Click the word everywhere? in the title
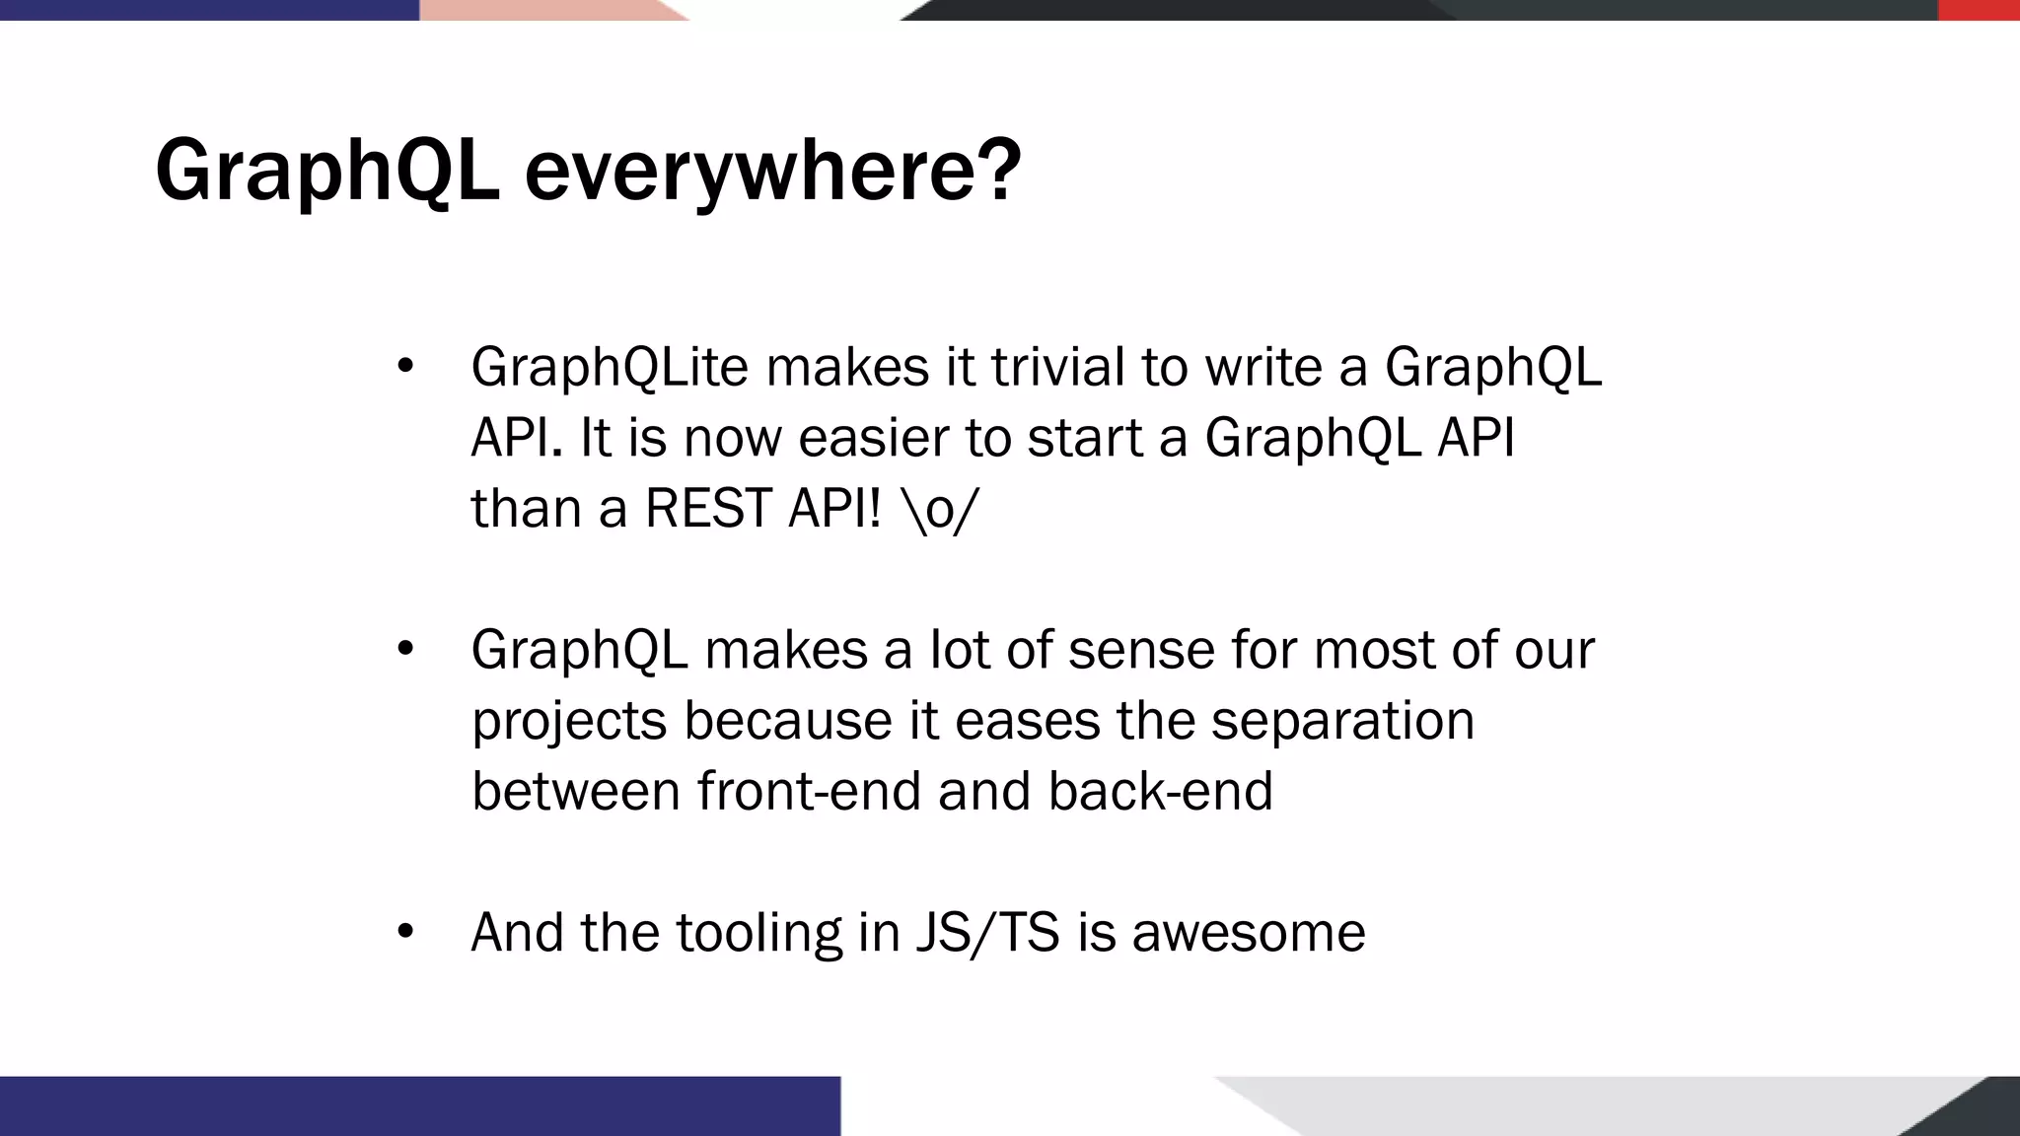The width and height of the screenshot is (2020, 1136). pos(772,173)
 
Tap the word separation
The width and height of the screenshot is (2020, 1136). pos(1342,721)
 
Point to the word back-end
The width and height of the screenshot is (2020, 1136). pos(1160,791)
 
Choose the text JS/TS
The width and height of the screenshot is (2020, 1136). pos(987,933)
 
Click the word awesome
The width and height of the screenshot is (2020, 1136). pos(1248,933)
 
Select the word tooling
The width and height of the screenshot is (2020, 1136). pos(758,933)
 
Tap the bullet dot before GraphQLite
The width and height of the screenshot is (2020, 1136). pos(404,367)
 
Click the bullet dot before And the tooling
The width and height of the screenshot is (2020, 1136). pos(404,932)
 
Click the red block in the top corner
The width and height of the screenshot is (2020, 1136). pos(1979,10)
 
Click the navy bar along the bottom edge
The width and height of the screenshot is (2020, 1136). pos(419,1105)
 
